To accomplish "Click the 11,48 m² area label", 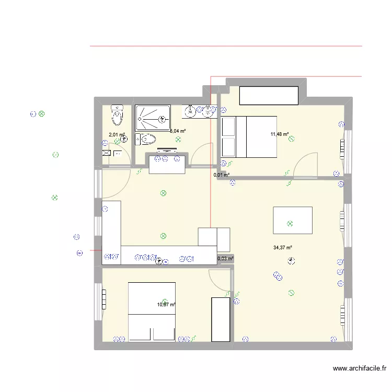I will tap(280, 134).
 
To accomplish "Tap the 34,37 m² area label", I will tap(282, 248).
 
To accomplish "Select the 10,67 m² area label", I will tap(167, 305).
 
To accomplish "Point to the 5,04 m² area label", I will tap(178, 132).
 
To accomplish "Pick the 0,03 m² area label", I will tap(225, 258).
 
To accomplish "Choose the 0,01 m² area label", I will tap(222, 175).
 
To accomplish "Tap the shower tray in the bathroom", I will tap(153, 118).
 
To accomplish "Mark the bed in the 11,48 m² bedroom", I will tap(249, 136).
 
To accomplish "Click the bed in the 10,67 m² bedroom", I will tap(152, 312).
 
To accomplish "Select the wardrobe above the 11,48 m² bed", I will tap(269, 96).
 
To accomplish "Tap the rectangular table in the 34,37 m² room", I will tap(293, 220).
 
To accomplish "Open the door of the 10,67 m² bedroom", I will tap(220, 280).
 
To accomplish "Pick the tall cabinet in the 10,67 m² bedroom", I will tap(220, 319).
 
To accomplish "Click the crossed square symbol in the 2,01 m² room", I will tap(107, 154).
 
